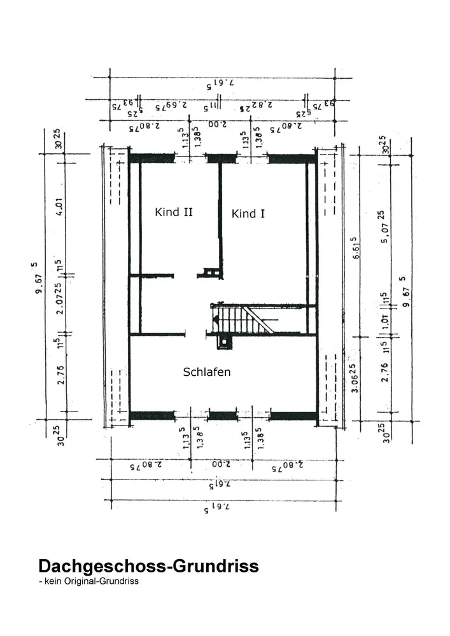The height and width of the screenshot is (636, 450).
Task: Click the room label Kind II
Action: click(x=174, y=212)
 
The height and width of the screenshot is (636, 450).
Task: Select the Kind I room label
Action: click(x=248, y=214)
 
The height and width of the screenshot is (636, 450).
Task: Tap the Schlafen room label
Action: click(x=206, y=372)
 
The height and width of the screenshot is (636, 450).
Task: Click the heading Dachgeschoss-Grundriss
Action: click(x=148, y=565)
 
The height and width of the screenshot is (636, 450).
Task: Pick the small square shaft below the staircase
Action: click(x=223, y=342)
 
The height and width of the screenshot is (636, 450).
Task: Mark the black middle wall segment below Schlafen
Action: click(x=223, y=416)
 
